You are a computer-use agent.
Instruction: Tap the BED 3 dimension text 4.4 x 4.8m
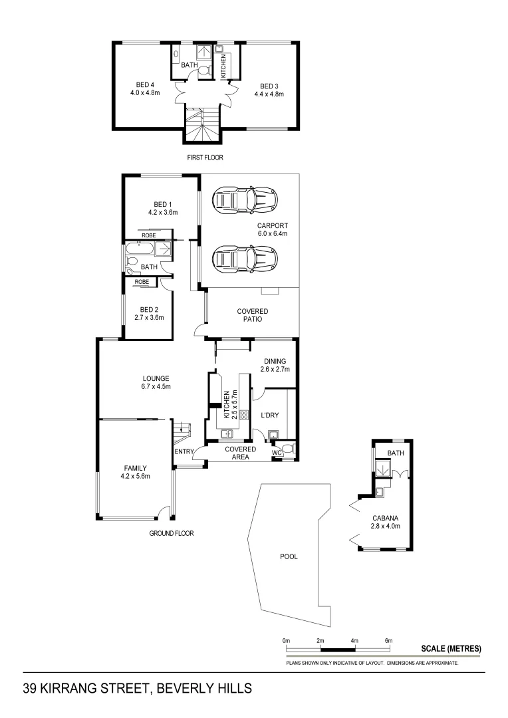pos(269,94)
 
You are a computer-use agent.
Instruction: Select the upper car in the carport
pos(245,198)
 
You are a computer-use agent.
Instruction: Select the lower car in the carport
pos(245,258)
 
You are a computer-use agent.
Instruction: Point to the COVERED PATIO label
pos(253,315)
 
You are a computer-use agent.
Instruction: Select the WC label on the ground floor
pos(277,453)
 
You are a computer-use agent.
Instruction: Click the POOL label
pos(289,556)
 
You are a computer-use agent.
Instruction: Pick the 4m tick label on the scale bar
pos(354,640)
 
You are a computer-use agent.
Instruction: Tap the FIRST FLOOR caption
pos(205,158)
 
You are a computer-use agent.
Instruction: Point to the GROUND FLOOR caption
pos(172,533)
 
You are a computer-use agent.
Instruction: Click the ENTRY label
pos(184,453)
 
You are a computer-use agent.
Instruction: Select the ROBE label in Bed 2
pos(141,282)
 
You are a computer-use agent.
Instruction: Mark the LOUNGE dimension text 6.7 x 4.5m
pos(156,387)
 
